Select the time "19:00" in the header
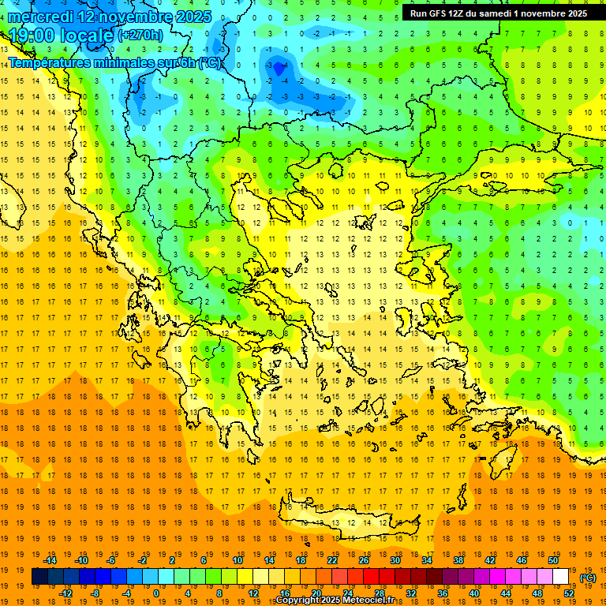pyautogui.click(x=34, y=36)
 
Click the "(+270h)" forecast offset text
pyautogui.click(x=140, y=36)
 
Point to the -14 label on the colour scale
pyautogui.click(x=50, y=560)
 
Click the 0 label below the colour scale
pyautogui.click(x=156, y=593)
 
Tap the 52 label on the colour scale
pyautogui.click(x=569, y=593)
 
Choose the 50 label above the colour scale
pyautogui.click(x=553, y=560)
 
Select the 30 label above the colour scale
pyautogui.click(x=395, y=560)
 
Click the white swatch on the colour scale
pyautogui.click(x=561, y=577)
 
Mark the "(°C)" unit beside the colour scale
pyautogui.click(x=588, y=578)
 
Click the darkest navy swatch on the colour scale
pyautogui.click(x=39, y=577)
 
